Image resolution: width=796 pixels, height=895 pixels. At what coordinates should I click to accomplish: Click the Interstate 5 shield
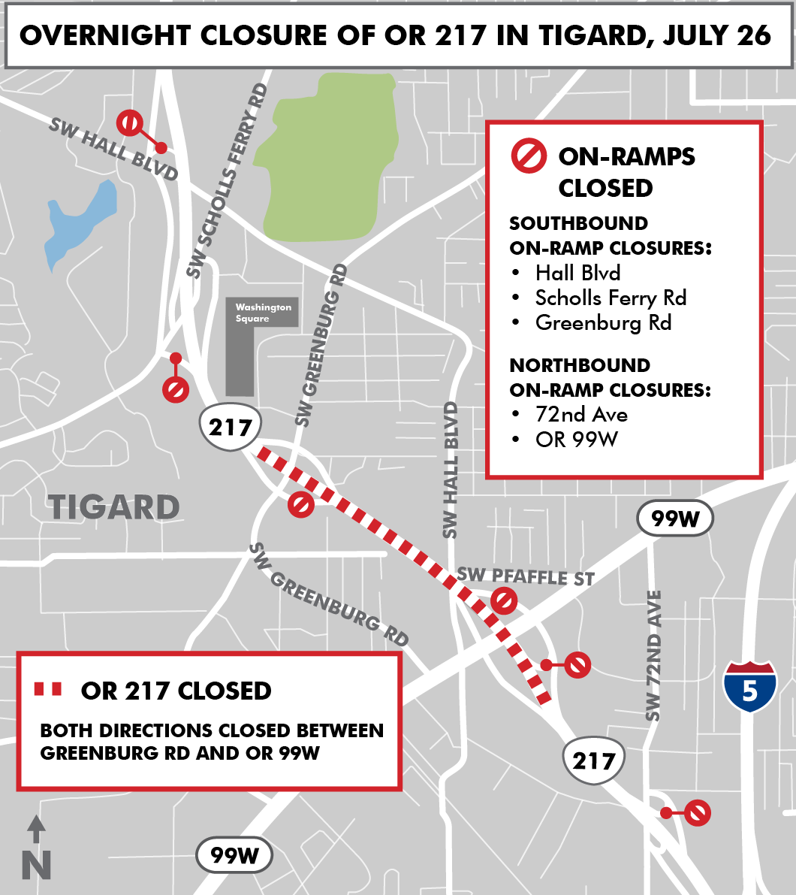tap(749, 686)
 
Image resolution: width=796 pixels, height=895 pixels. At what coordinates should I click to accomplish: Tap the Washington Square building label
tap(263, 313)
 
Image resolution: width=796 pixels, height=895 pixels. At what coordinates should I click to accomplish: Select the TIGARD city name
tap(115, 508)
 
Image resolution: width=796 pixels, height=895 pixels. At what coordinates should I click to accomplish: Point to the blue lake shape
tap(80, 222)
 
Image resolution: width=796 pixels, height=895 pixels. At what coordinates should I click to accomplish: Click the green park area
tap(326, 158)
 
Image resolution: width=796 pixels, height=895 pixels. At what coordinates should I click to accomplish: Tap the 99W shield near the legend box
tap(674, 518)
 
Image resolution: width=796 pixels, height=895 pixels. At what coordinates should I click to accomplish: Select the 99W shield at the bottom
tap(234, 855)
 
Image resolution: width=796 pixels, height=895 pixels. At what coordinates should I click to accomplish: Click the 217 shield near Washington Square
tap(230, 428)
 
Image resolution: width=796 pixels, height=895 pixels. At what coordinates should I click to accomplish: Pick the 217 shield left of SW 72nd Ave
tap(594, 760)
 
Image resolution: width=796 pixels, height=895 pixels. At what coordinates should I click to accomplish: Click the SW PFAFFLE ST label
tap(526, 576)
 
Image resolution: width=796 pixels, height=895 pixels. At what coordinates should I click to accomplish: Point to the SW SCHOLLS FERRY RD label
tap(228, 181)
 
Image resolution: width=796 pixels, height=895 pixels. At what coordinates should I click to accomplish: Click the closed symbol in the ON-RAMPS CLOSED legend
tap(529, 156)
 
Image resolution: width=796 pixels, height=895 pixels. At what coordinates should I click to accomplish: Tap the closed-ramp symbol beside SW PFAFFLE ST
tap(504, 600)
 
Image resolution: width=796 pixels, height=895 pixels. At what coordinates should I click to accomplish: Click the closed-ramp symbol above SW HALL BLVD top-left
tap(130, 122)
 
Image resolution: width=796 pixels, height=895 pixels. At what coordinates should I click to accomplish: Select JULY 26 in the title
tap(716, 35)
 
